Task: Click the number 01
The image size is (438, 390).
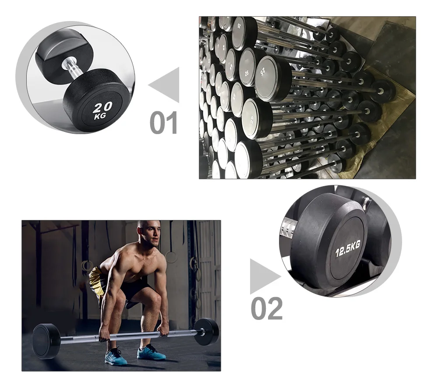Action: pyautogui.click(x=163, y=122)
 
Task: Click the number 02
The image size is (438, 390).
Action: pyautogui.click(x=266, y=308)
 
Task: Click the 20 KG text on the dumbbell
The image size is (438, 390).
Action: pyautogui.click(x=102, y=111)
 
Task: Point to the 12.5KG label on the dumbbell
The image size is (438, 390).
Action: pyautogui.click(x=348, y=248)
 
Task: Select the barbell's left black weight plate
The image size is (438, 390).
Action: pyautogui.click(x=46, y=341)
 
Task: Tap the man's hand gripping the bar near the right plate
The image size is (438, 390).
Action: pyautogui.click(x=164, y=331)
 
